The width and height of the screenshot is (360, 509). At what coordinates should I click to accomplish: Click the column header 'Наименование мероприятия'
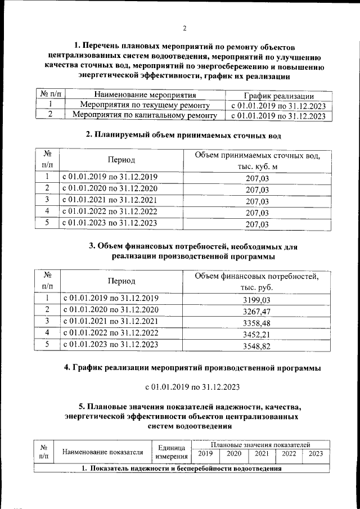(145, 95)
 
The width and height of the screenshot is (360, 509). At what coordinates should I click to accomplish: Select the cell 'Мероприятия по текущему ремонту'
(145, 105)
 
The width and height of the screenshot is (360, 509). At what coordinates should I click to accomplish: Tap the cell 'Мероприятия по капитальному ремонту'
(145, 116)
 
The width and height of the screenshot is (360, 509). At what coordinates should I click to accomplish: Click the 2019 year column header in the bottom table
(206, 454)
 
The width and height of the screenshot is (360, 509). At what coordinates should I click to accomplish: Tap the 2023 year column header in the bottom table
(316, 454)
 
